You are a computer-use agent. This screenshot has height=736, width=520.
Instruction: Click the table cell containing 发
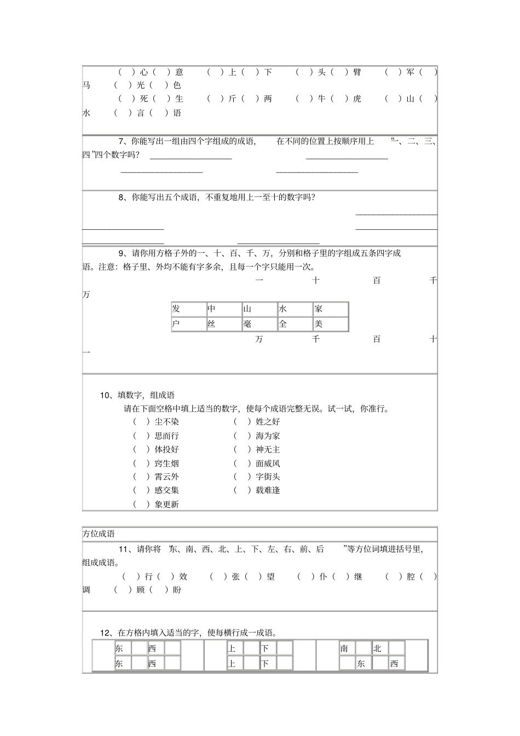pos(188,309)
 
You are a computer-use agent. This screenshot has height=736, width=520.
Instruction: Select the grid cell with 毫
pos(259,324)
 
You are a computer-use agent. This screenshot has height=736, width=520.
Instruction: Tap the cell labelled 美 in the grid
pos(330,324)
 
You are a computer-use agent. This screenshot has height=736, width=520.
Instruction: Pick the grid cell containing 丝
pos(223,324)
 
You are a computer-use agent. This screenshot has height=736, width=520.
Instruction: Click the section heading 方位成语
pos(99,534)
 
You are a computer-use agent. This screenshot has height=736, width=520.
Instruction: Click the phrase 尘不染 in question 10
pos(166,422)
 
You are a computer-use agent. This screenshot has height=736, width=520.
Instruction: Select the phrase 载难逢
pos(268,490)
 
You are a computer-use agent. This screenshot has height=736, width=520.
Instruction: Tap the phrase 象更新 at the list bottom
pos(166,505)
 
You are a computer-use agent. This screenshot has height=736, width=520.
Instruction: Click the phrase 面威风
pos(268,463)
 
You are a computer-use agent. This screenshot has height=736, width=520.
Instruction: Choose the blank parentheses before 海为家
pos(242,436)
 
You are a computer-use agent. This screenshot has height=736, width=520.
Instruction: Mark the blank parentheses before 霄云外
pos(141,477)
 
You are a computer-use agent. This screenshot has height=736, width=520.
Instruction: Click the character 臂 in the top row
pos(357,72)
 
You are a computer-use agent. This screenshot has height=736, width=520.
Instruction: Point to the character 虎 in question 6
pos(357,99)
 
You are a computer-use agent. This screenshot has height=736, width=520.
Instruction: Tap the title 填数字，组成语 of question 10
pos(146,395)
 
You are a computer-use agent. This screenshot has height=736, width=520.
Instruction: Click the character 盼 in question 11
pos(177,590)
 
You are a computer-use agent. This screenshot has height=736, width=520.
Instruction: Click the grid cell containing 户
pos(188,324)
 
